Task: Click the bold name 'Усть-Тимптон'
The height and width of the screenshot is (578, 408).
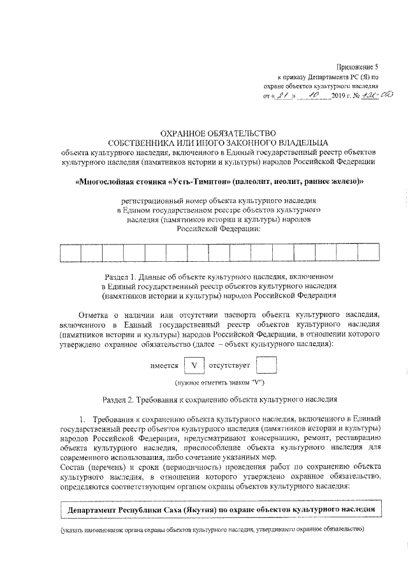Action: click(200, 181)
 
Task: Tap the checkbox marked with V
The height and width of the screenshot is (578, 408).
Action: click(194, 366)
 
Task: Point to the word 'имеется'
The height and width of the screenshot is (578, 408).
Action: click(164, 367)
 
